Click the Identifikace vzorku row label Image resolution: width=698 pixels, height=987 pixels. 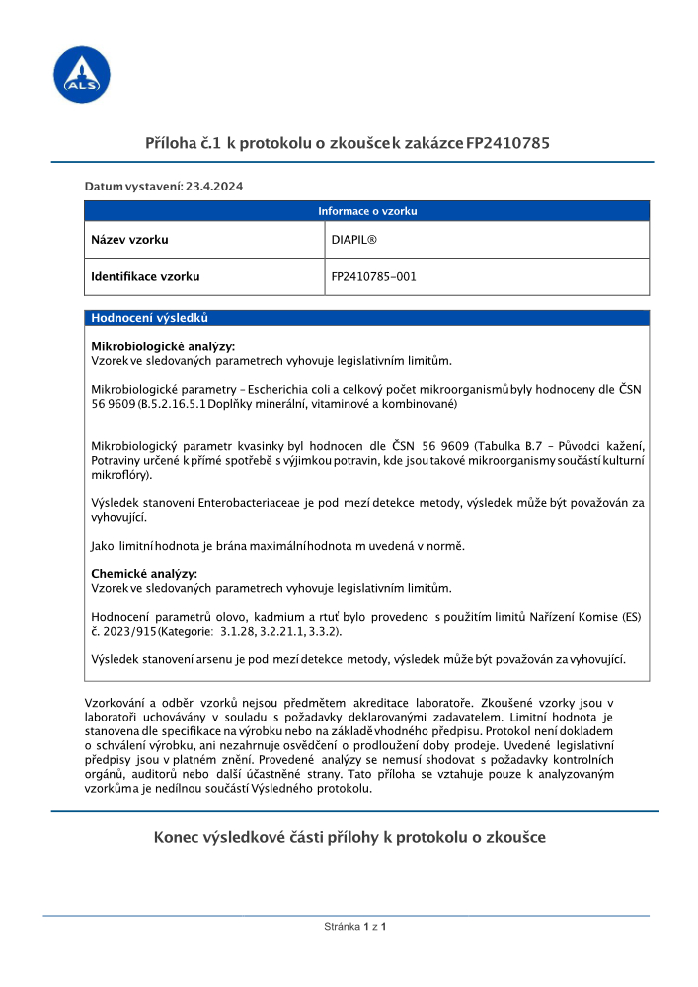[x=145, y=277]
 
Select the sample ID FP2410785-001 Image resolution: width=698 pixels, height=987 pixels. [x=373, y=277]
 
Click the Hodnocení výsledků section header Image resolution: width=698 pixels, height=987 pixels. [x=148, y=318]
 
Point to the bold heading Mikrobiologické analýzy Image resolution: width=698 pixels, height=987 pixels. [x=163, y=347]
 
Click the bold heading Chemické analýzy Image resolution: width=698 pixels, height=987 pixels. [x=144, y=574]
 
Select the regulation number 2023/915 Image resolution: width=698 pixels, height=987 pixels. [x=127, y=630]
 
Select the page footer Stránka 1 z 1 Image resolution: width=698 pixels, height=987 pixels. [x=354, y=928]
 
